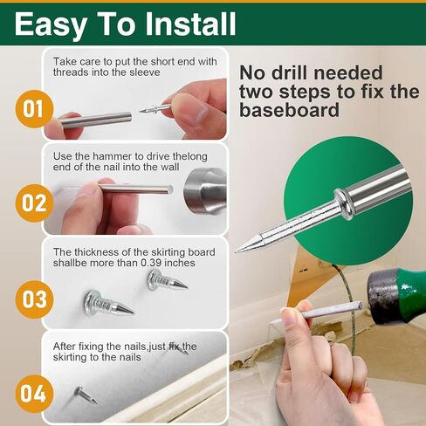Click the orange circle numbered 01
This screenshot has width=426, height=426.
pos(32,109)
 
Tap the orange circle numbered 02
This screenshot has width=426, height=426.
pos(32,203)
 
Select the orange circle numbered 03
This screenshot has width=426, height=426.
pos(33,299)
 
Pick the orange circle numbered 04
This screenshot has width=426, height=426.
pos(32,392)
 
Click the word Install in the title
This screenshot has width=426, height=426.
pos(184,24)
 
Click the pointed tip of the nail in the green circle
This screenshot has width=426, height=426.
pos(240,249)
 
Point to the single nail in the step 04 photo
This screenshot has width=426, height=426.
pos(86,394)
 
